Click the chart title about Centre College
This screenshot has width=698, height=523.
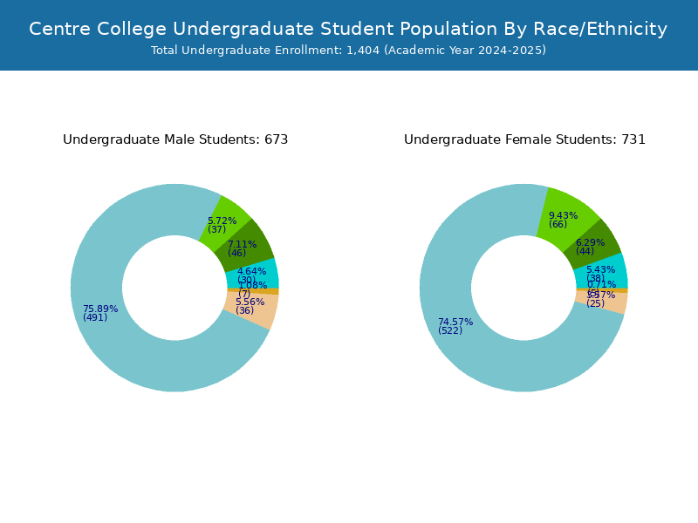[x=348, y=29]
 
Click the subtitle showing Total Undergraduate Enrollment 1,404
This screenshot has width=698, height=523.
[x=348, y=51]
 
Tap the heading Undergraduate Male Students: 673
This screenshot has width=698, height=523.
[x=175, y=139]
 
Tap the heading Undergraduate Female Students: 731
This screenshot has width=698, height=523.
[x=524, y=139]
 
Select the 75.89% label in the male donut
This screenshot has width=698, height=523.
[x=100, y=309]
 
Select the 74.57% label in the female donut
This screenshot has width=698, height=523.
[x=455, y=322]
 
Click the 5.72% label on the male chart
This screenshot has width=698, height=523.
[x=222, y=221]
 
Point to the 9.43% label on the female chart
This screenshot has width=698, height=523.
[x=563, y=215]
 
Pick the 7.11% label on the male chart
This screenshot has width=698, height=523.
[x=242, y=244]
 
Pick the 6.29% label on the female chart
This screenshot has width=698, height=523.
[x=590, y=242]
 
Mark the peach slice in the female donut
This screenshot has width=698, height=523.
[x=618, y=302]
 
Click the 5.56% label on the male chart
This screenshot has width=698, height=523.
[x=250, y=302]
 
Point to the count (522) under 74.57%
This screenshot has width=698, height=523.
[x=450, y=330]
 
